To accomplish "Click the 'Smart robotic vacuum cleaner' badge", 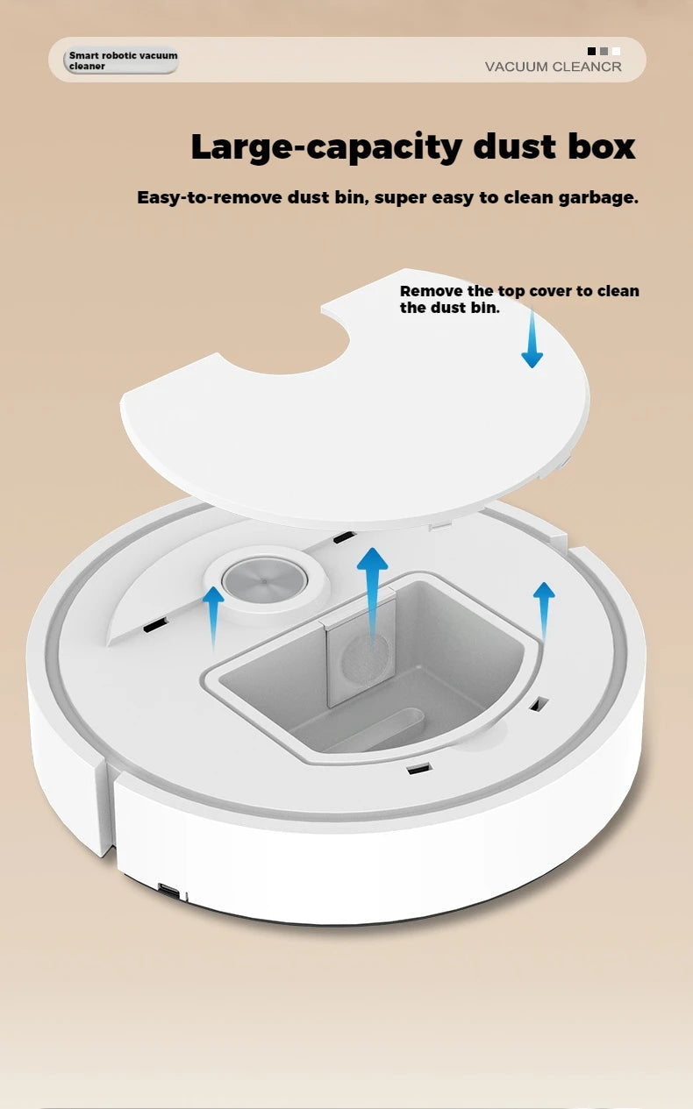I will [x=122, y=60].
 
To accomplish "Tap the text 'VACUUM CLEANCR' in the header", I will [x=553, y=67].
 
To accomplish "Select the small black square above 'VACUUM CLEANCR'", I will [x=592, y=52].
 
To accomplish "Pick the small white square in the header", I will [x=616, y=52].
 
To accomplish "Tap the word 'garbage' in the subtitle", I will [x=597, y=197].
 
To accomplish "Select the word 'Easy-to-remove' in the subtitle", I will [x=209, y=197].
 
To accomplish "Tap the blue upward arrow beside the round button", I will [x=213, y=617].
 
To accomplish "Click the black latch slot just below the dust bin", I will [x=418, y=769].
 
